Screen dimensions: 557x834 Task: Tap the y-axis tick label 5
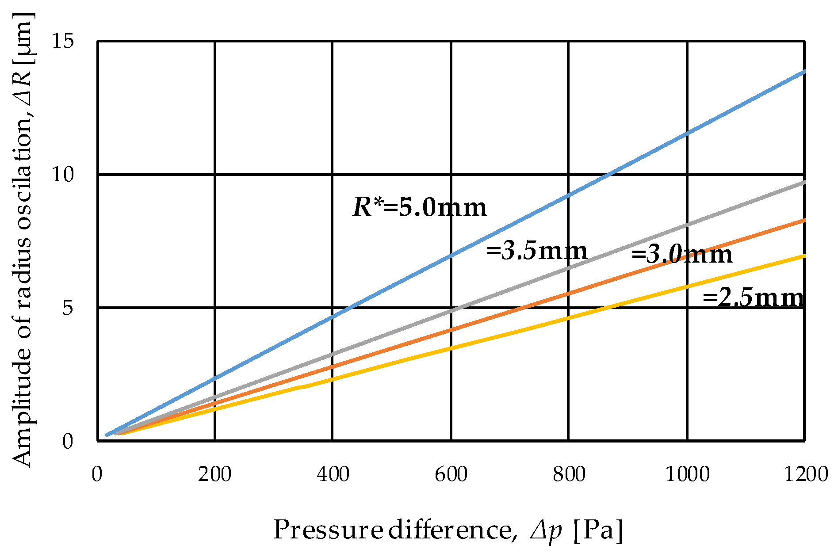(68, 308)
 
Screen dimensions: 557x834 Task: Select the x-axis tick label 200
(214, 474)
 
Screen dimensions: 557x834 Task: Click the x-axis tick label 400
(333, 474)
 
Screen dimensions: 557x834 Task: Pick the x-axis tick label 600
(451, 474)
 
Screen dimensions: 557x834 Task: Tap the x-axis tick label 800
(569, 474)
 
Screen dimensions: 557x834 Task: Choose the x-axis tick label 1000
(687, 474)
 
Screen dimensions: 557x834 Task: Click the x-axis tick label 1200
(805, 474)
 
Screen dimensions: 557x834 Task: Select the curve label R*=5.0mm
(419, 207)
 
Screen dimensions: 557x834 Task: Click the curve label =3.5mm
(537, 251)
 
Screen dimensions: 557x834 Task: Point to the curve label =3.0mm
(681, 255)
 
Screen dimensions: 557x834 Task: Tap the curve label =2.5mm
(753, 298)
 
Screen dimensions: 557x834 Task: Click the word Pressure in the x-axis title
(328, 530)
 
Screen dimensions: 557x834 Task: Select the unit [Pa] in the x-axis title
(598, 530)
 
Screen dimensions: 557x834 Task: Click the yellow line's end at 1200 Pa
(804, 256)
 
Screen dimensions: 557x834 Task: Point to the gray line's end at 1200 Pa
(804, 182)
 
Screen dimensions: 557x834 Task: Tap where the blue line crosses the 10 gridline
(609, 175)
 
